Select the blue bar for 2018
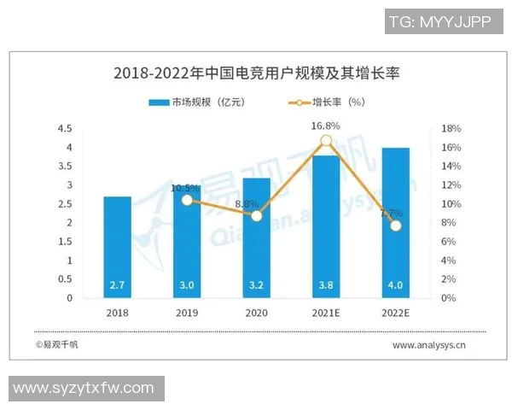pos(118,248)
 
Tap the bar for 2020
pos(256,239)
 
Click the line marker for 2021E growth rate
pos(326,141)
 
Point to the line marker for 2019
pos(187,200)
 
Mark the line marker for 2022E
pos(395,225)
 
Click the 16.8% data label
pos(325,126)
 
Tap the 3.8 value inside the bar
pos(326,285)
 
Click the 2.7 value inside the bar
pos(118,285)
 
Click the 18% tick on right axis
pos(451,129)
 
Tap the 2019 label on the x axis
pos(187,313)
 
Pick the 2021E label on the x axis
pos(326,313)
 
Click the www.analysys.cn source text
pos(428,345)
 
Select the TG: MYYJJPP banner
pos(439,22)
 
